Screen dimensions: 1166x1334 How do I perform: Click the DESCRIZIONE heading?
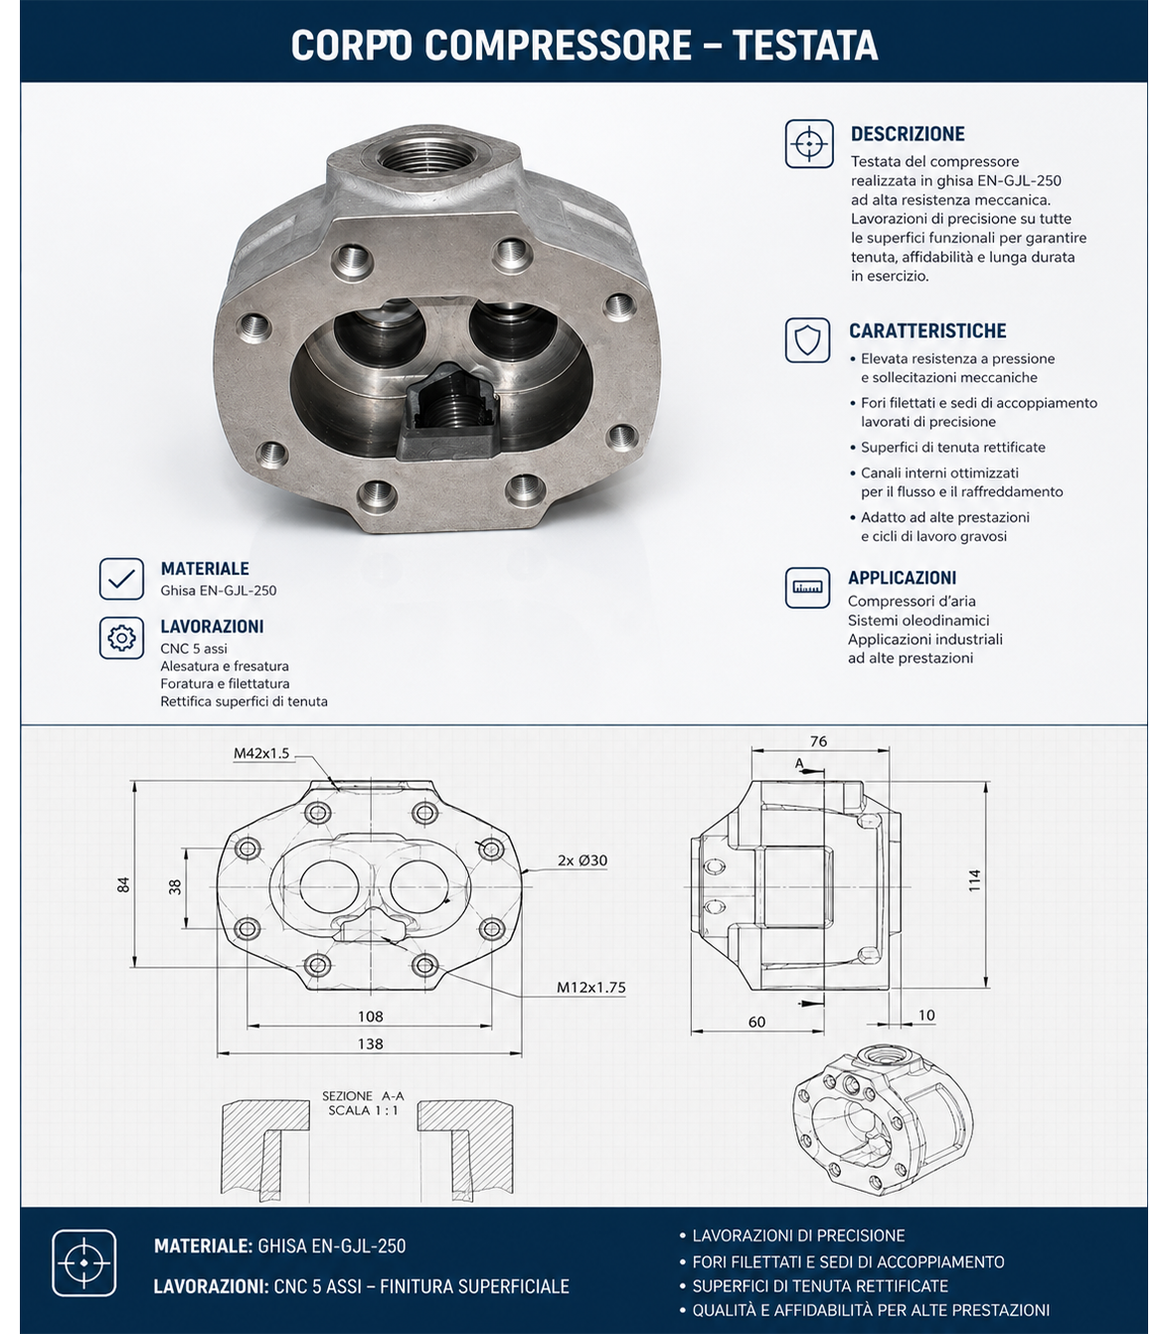pos(907,133)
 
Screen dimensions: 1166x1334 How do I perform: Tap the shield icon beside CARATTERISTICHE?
pos(807,340)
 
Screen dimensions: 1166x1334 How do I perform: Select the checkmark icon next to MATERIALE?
pos(122,578)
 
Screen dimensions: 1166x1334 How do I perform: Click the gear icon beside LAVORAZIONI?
pos(122,637)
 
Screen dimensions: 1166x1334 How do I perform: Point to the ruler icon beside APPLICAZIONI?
pos(807,588)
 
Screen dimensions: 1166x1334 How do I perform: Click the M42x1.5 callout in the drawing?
pos(261,754)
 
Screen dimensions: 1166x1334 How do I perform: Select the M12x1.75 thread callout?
pos(590,987)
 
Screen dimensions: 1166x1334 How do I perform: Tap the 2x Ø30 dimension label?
pos(583,860)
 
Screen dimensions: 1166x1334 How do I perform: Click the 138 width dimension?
pos(370,1044)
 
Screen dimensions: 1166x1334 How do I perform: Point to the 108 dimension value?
pos(370,1016)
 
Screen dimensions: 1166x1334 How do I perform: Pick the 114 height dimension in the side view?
pos(974,880)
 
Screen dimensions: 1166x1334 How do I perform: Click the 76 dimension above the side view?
pos(818,741)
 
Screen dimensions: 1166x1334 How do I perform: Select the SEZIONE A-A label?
pos(363,1096)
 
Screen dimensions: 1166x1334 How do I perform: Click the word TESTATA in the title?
pos(805,45)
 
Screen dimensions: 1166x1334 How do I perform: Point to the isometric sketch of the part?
pos(883,1130)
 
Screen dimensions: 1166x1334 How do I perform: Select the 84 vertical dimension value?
pos(124,884)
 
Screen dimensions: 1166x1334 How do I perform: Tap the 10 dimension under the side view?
pos(925,1015)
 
